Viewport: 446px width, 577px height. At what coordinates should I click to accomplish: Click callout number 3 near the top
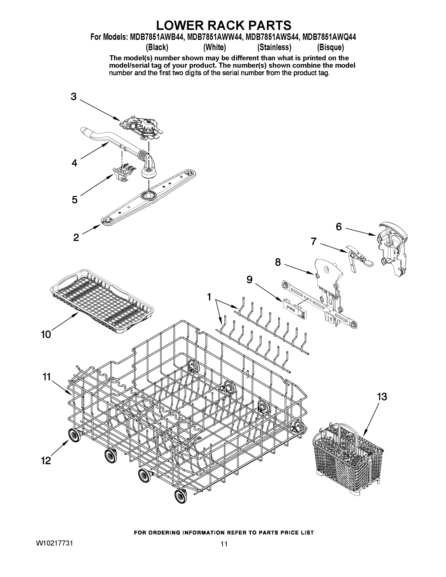click(x=74, y=97)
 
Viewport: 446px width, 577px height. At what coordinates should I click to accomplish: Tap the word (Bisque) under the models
click(x=330, y=47)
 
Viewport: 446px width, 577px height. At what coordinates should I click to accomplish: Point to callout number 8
click(x=278, y=262)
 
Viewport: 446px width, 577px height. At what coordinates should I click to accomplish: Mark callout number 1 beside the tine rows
click(x=209, y=297)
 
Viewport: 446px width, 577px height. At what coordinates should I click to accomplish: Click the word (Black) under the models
click(x=157, y=47)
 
